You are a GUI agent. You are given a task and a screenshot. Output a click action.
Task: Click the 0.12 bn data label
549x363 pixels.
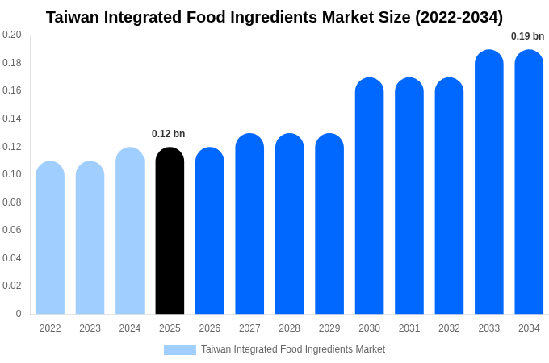point(168,134)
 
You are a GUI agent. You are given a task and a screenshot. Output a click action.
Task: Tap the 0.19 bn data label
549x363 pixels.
point(527,36)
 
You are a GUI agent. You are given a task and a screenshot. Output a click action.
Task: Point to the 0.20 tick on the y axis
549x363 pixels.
point(12,35)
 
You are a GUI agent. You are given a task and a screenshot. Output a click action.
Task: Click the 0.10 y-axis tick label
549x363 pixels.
point(12,174)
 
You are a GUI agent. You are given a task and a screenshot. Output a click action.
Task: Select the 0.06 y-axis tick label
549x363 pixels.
point(12,230)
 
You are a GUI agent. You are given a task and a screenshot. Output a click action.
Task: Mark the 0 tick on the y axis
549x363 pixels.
point(19,314)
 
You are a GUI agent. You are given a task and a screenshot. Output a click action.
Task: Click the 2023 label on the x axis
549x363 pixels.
point(90,328)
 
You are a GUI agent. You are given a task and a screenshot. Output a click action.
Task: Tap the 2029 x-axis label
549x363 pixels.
point(329,328)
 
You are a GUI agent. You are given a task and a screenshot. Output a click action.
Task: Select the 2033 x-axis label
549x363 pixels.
point(488,328)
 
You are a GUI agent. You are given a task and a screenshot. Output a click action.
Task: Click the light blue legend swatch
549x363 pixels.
point(179,350)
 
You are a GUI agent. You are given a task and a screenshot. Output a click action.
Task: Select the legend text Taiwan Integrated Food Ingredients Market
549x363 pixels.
point(293,349)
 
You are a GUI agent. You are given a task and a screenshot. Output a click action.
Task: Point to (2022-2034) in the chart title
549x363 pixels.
point(459,17)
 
